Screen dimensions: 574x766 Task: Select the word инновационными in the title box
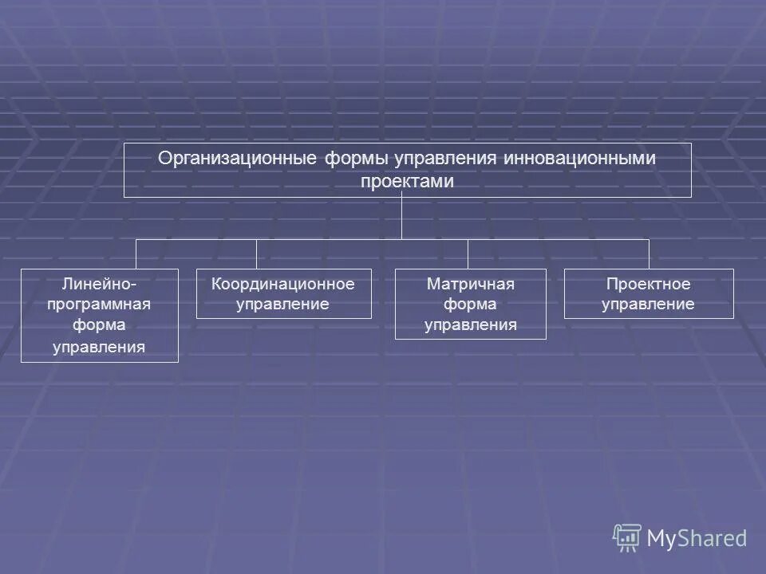(x=579, y=159)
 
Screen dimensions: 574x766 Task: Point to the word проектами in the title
(x=407, y=182)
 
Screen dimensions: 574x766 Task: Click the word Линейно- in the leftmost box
(x=100, y=284)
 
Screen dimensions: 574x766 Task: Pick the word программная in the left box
(x=100, y=305)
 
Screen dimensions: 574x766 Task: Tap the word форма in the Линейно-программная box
(x=100, y=325)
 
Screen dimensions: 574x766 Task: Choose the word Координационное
(x=283, y=284)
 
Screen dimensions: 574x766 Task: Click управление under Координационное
(x=283, y=305)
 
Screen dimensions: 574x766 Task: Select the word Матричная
(x=471, y=284)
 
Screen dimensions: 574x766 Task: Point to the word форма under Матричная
(x=471, y=305)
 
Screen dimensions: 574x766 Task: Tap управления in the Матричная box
(x=471, y=325)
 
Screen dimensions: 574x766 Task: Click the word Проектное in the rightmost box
(x=648, y=284)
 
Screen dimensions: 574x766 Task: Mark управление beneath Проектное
(x=648, y=305)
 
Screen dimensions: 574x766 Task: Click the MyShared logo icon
(x=627, y=537)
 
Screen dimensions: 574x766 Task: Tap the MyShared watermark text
(x=697, y=539)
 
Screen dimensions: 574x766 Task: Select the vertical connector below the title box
(x=402, y=218)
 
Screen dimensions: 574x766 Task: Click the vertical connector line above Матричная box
(x=468, y=254)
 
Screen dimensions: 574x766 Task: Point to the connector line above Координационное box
(x=256, y=254)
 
